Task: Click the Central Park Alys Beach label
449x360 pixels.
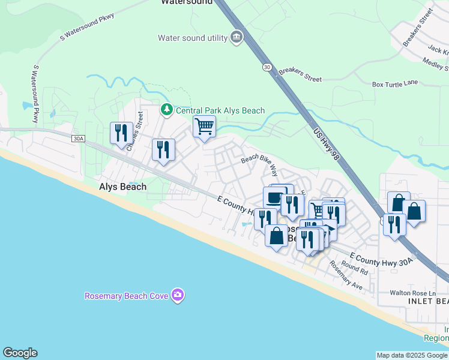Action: [220, 110]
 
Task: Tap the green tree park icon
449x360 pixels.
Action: [166, 110]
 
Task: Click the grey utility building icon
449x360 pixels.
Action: [237, 38]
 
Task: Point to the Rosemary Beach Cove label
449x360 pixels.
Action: [127, 296]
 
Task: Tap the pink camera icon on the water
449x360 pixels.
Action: [178, 295]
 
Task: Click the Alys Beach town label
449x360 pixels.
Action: [122, 187]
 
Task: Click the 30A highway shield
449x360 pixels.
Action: [78, 139]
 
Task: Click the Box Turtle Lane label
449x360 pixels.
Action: [394, 84]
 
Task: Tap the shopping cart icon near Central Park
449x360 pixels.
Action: [204, 127]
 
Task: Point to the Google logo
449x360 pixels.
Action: [20, 353]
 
